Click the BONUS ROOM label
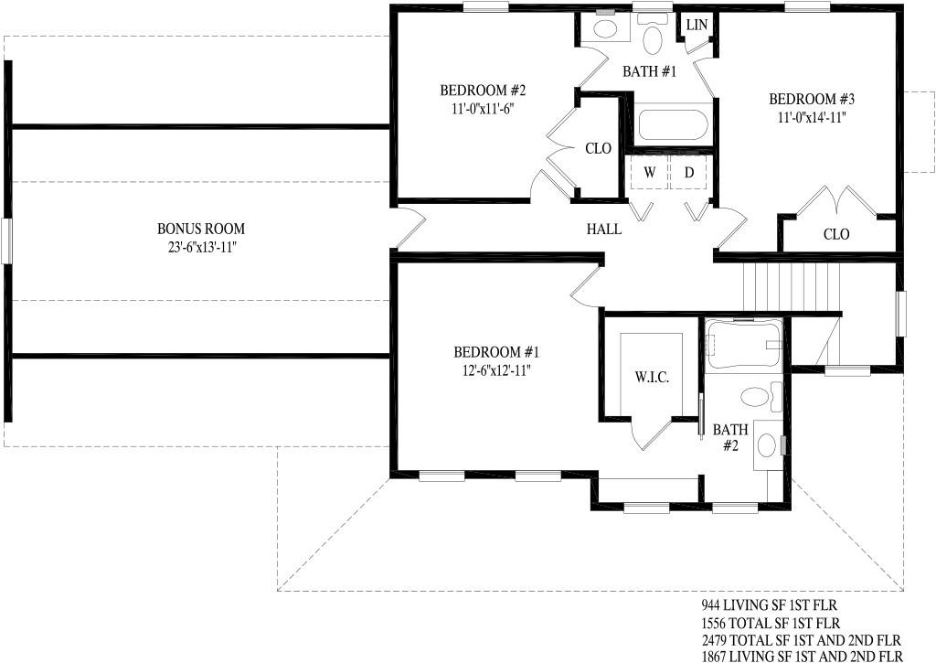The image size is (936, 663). [200, 229]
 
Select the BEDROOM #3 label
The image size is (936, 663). [812, 99]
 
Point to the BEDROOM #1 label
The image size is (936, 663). [496, 352]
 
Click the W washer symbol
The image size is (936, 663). [650, 173]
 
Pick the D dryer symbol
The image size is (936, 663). [689, 173]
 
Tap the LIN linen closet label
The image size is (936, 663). [697, 25]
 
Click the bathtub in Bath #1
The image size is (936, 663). [673, 125]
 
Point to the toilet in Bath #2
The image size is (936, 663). [760, 396]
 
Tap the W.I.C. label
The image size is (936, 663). [651, 378]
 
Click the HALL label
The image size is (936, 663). [603, 229]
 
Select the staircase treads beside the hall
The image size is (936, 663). [792, 287]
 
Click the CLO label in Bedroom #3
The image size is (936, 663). [836, 234]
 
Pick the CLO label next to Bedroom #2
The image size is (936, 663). [598, 148]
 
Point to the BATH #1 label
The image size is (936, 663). [650, 71]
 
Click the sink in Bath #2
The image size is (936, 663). [767, 445]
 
